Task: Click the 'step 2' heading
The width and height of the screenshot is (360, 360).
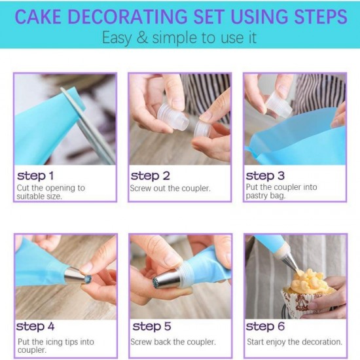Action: click(150, 175)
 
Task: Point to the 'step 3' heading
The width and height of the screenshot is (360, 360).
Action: click(265, 175)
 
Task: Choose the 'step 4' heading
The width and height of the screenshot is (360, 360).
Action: click(35, 326)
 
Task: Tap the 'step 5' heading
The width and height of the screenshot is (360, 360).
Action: click(151, 326)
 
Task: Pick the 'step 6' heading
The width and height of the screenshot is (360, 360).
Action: click(266, 326)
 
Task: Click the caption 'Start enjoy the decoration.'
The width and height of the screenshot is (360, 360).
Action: click(294, 341)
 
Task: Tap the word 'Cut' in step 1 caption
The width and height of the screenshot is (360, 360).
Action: click(23, 188)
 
